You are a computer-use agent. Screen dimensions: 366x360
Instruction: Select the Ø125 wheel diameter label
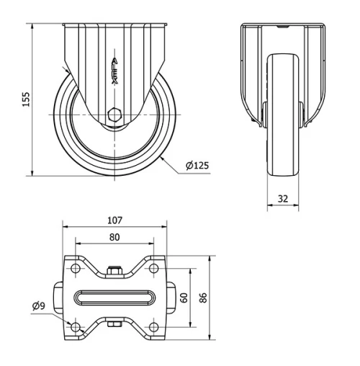tap(197, 166)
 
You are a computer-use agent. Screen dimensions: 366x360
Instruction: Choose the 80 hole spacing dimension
tap(114, 237)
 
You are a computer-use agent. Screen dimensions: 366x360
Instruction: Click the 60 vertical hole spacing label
tap(184, 298)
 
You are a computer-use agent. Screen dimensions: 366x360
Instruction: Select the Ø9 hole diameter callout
tap(39, 306)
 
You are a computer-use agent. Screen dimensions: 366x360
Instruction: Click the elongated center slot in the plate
tap(114, 298)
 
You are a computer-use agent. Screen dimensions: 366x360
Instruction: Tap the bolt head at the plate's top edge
tap(114, 270)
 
